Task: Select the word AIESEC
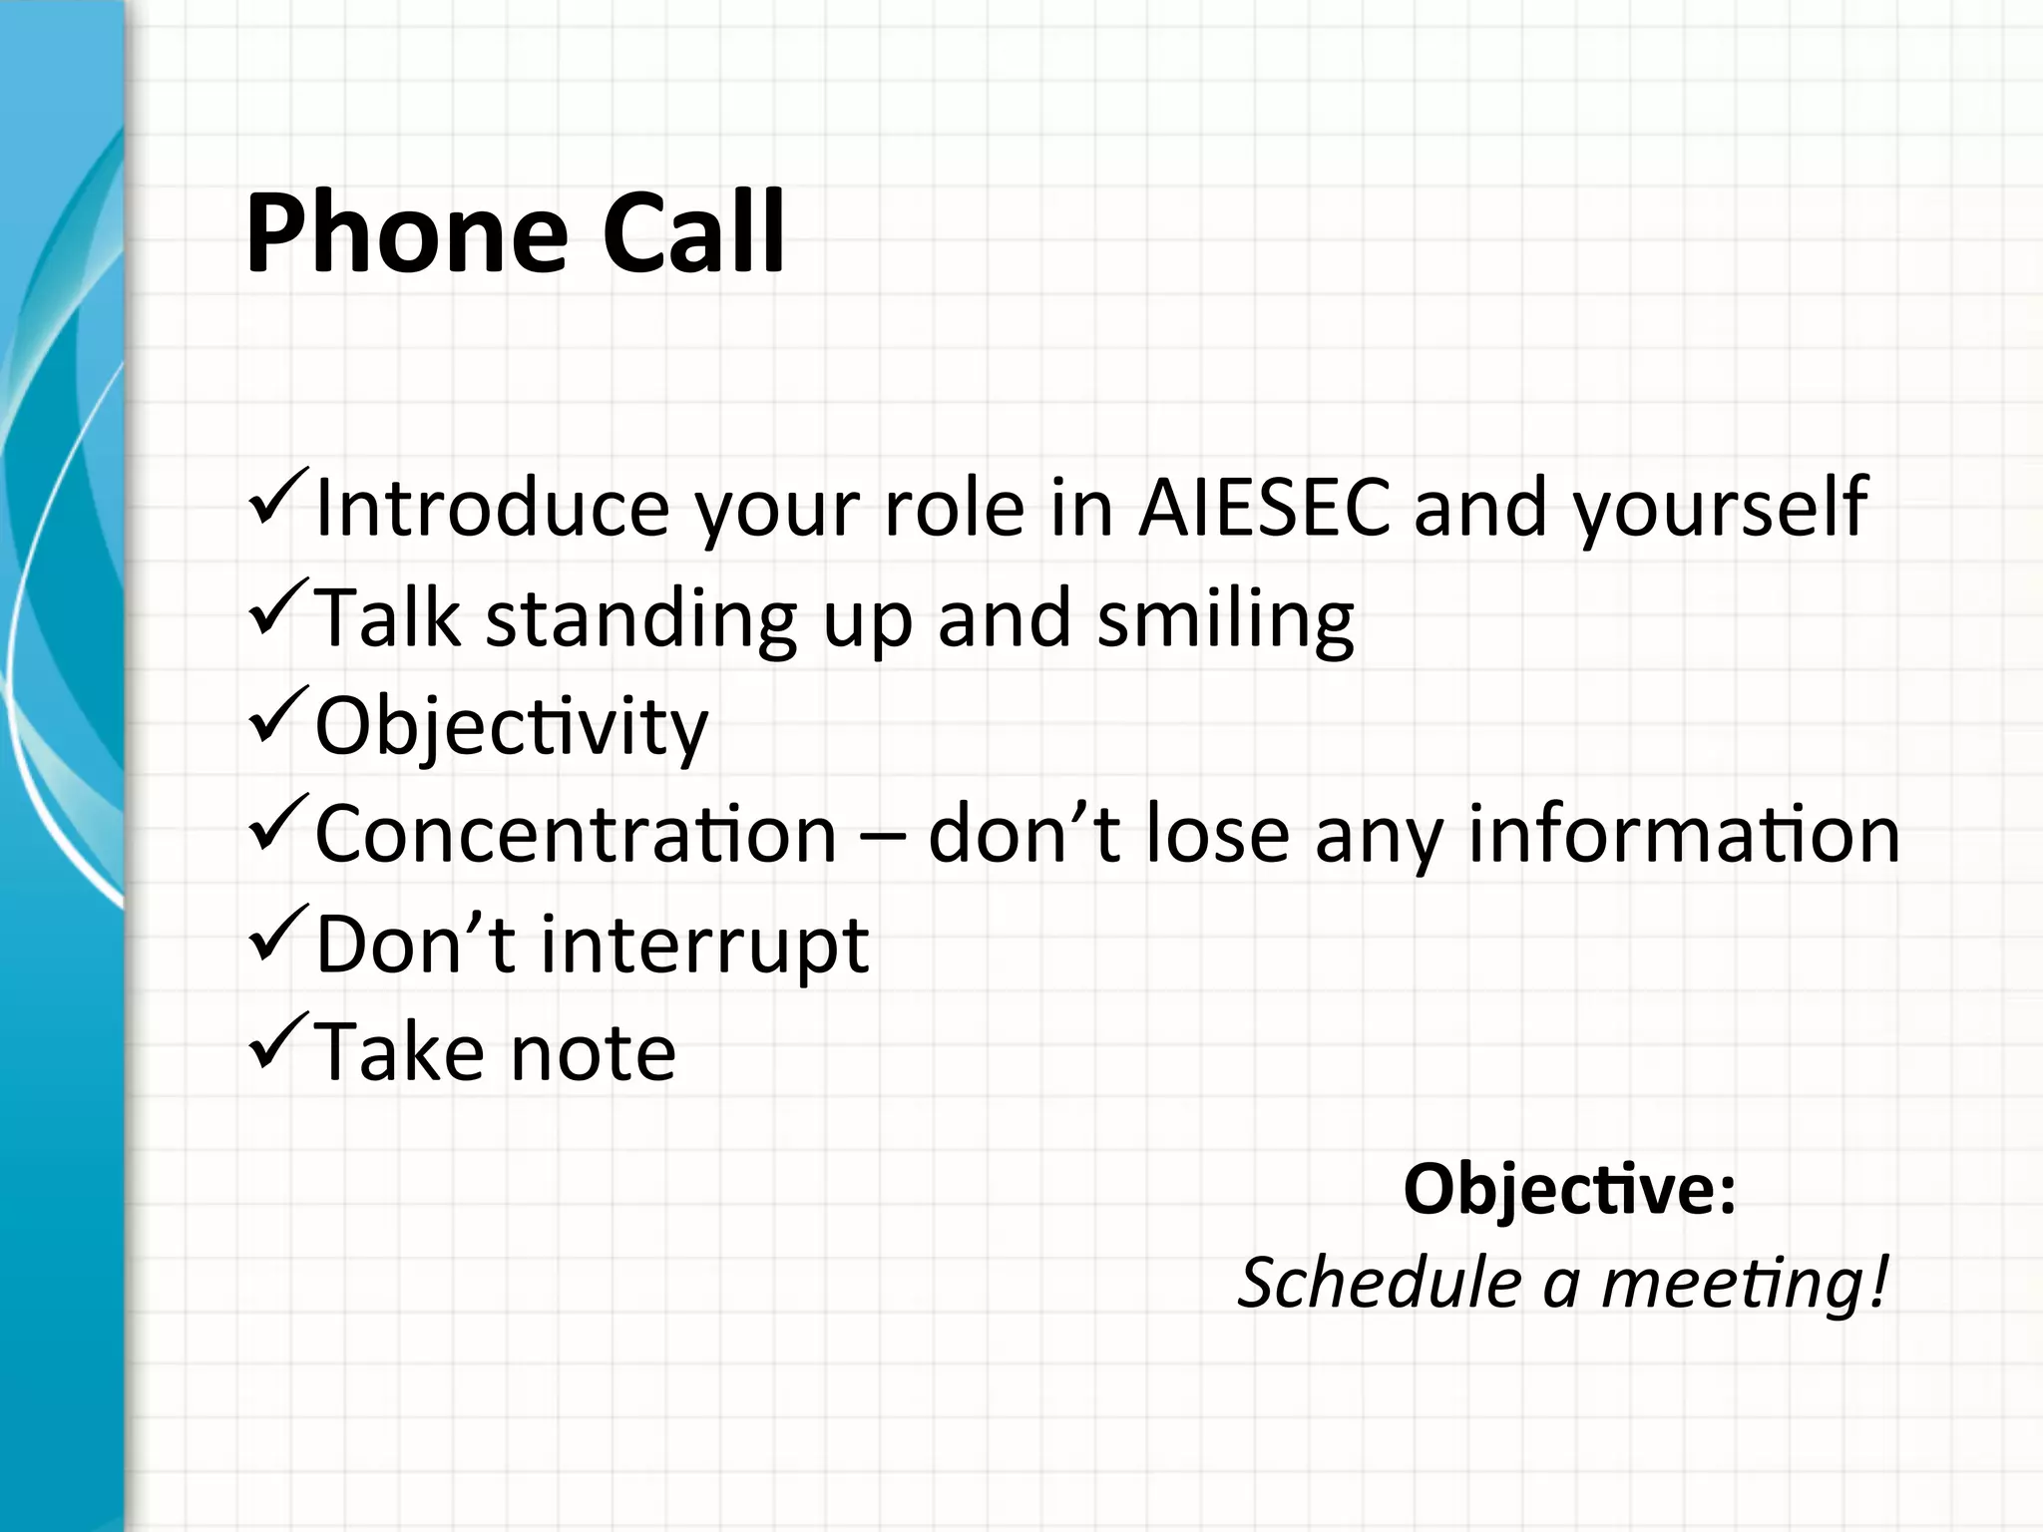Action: point(1264,508)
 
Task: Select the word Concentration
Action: point(576,834)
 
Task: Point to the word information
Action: point(1683,834)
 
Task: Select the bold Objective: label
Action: point(1569,1191)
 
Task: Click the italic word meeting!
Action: point(1745,1283)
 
